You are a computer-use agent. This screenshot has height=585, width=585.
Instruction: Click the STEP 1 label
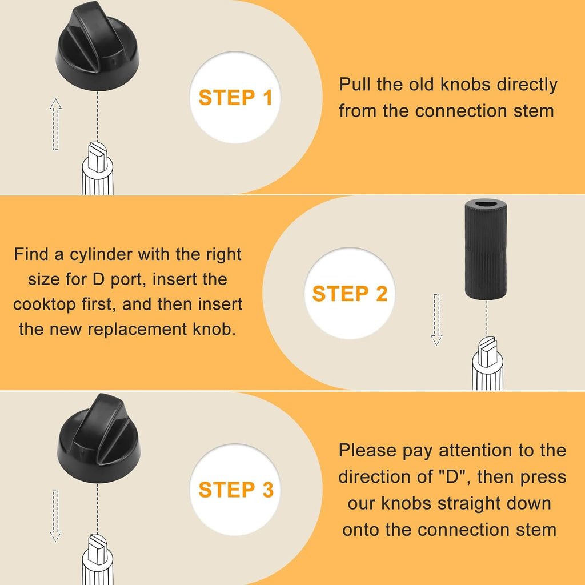coord(235,98)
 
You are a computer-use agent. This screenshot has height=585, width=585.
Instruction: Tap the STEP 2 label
coord(350,294)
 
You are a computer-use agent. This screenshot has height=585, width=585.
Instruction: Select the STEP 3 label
coord(236,490)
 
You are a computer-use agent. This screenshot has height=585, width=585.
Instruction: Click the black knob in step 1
coord(97,47)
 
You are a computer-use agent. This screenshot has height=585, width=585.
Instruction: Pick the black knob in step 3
coord(99,438)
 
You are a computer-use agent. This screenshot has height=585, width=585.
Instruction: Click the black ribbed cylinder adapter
coord(486,249)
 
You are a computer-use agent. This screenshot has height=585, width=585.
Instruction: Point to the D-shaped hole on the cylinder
coord(486,205)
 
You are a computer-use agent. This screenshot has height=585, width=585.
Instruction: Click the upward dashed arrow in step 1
coord(55,124)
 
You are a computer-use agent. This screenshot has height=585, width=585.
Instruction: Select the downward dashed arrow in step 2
coord(436,319)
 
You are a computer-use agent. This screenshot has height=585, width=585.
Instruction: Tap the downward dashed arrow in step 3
coord(55,516)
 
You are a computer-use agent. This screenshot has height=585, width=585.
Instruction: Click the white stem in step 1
coord(97,169)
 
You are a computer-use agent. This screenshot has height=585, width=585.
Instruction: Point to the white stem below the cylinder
coord(487,363)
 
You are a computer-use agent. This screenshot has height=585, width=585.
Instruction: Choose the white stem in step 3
coord(97,559)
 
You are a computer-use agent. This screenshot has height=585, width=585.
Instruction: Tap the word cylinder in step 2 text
coord(101,255)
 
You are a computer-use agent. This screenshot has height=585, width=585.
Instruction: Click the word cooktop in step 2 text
coord(45,305)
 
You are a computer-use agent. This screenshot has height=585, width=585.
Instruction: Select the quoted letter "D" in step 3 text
coord(452,477)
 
